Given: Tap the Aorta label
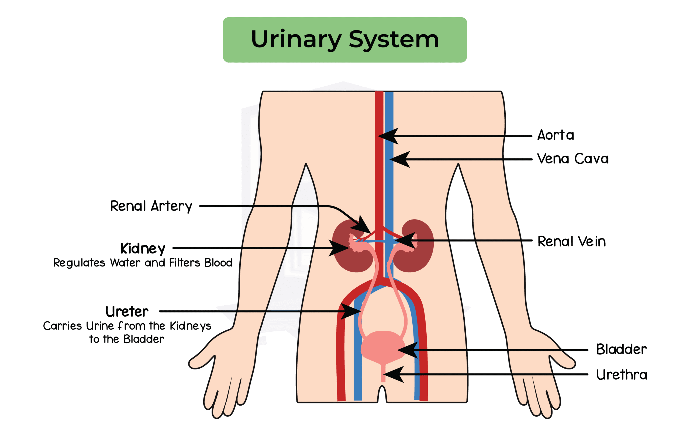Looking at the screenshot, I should [556, 135].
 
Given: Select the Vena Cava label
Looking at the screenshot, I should [573, 159].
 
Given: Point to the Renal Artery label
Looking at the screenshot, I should [151, 206].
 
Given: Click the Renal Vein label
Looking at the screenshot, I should [571, 241].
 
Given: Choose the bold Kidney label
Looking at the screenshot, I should [143, 249].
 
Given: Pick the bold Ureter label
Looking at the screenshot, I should [127, 311].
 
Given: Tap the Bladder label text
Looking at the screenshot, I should [621, 349].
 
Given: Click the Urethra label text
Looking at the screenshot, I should [622, 375].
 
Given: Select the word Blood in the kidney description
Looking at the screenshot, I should [218, 263].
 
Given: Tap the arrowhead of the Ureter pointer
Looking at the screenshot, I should [351, 311].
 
